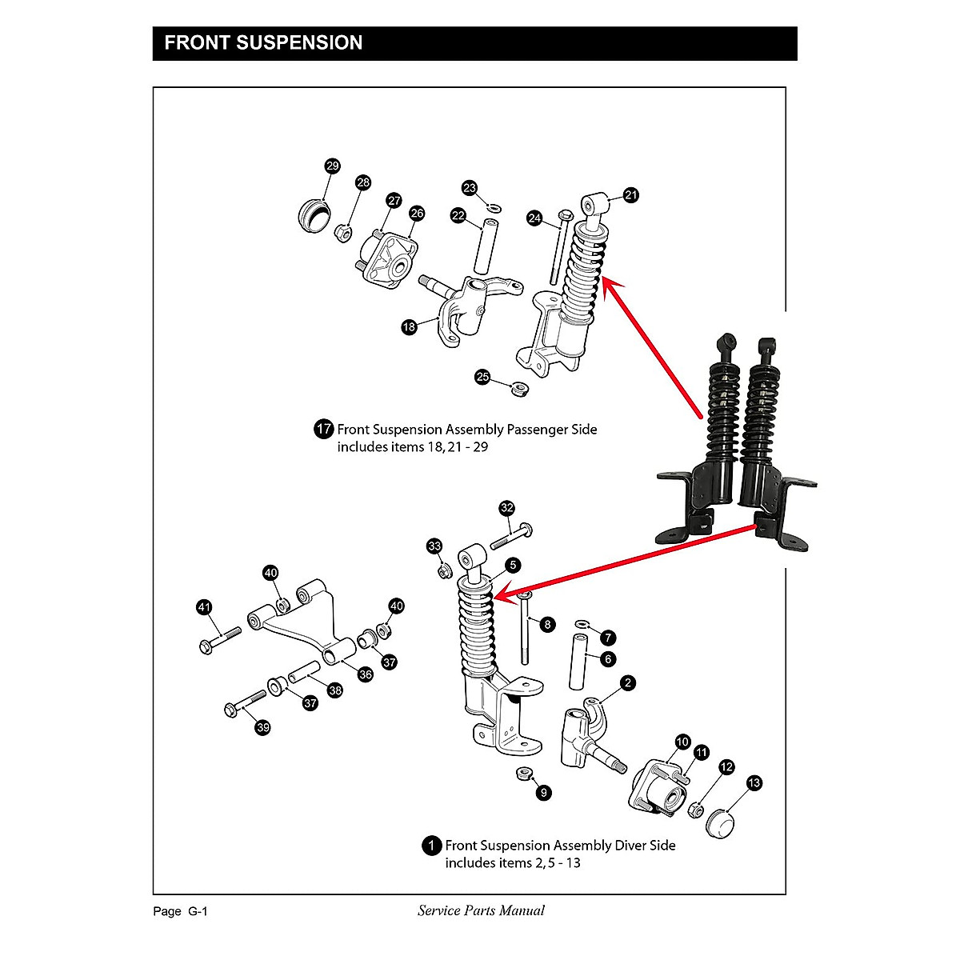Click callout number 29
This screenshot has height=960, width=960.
point(332,166)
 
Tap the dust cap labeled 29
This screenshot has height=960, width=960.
point(313,216)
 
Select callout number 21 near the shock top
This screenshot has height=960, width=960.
point(631,195)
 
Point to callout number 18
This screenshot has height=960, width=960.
point(409,327)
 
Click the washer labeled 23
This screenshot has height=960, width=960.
point(494,208)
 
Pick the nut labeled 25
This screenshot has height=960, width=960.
point(517,390)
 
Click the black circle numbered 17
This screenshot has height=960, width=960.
point(323,430)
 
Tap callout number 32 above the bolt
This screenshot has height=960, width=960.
point(506,508)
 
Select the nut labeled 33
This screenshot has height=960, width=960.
point(442,571)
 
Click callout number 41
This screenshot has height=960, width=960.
point(205,608)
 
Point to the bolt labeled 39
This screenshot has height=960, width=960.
point(246,703)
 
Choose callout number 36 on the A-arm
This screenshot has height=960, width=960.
point(365,674)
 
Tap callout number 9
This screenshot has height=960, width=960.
point(544,793)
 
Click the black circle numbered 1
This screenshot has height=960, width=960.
point(431,846)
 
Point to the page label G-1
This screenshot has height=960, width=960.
point(198,911)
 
